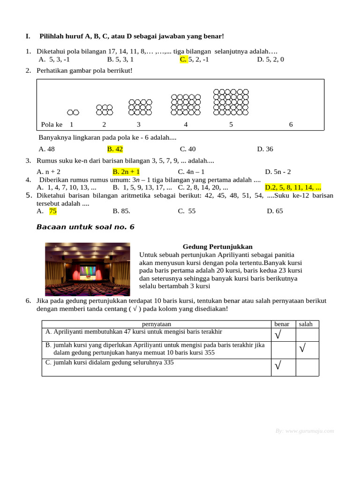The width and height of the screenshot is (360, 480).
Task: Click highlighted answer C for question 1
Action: click(184, 60)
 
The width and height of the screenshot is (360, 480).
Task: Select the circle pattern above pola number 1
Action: click(73, 112)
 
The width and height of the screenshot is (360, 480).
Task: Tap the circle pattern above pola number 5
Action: click(231, 102)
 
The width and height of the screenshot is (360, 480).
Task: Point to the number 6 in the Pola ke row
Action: click(291, 125)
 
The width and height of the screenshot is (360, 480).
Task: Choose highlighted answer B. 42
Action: click(115, 149)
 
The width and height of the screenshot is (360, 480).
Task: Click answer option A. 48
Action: click(47, 149)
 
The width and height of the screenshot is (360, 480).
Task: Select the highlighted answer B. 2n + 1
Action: click(126, 172)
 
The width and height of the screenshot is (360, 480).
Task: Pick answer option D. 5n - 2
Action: click(277, 172)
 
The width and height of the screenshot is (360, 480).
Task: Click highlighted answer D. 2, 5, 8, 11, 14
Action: click(293, 187)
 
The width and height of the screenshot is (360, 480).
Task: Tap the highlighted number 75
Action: click(53, 211)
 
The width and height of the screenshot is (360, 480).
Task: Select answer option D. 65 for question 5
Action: click(275, 211)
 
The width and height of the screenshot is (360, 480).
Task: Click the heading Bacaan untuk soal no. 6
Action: click(85, 227)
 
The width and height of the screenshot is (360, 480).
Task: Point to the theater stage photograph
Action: click(88, 269)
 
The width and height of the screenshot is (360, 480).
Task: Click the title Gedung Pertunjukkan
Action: click(217, 247)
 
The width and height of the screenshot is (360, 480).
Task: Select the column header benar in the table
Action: click(282, 324)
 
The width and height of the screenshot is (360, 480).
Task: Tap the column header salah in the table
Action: click(306, 324)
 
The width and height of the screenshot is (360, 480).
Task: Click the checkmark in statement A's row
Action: click(278, 335)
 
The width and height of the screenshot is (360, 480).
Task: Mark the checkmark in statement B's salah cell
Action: click(302, 348)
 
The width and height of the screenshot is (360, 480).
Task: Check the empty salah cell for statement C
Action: click(307, 367)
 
